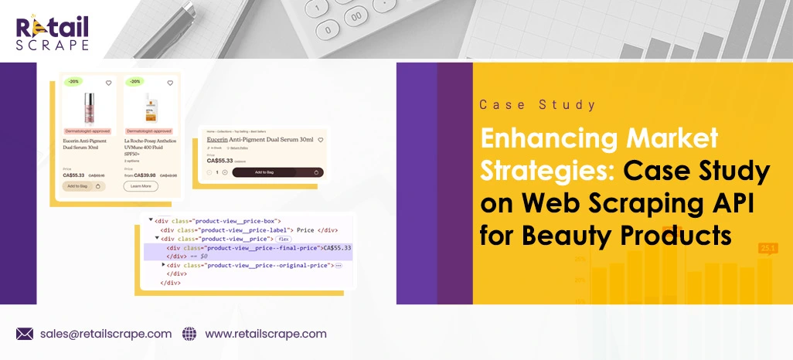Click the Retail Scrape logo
52,32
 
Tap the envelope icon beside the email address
25,334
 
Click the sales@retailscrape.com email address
105,334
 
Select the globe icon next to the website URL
189,334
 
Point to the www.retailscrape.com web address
265,334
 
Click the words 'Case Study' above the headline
537,105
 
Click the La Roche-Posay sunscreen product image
145,108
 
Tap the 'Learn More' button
141,186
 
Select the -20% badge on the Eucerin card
73,81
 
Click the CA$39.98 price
144,175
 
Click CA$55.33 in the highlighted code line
337,248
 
